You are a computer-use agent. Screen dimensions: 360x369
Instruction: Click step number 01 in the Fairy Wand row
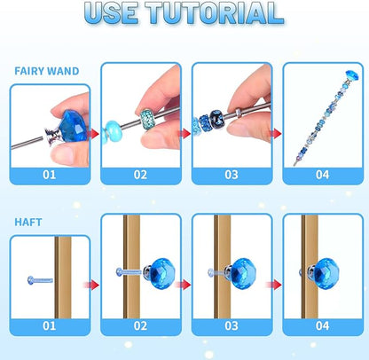coord(50,174)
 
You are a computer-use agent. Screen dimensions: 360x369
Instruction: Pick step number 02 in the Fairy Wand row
coord(140,174)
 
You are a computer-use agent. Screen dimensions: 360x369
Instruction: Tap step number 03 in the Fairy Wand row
coord(231,174)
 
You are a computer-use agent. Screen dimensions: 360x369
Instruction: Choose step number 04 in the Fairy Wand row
coord(321,174)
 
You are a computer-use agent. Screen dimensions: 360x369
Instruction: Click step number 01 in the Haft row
coord(50,326)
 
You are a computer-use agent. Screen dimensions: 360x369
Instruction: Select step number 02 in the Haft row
coord(140,326)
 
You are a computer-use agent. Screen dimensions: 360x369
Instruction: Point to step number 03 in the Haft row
coord(231,326)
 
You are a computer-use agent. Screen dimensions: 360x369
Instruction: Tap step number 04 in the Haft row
coord(321,326)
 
